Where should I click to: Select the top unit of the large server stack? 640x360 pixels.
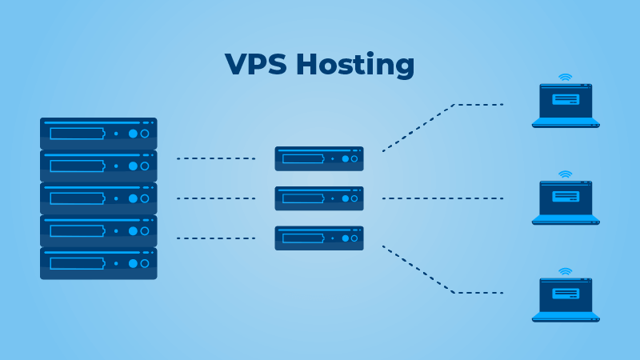coord(98,133)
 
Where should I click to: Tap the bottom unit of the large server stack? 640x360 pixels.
coord(98,262)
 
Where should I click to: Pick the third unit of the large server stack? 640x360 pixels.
coord(98,198)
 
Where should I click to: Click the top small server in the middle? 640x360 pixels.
coord(319,158)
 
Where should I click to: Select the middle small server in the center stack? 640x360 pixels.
coord(319,198)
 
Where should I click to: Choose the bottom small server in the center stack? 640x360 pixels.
coord(319,238)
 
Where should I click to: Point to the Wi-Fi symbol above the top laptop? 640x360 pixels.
coord(566,78)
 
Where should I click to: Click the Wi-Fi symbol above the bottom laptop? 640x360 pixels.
coord(566,272)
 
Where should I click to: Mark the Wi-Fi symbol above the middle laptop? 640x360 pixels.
coord(566,174)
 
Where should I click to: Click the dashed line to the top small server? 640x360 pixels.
coord(215,158)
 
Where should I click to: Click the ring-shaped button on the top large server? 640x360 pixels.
coord(145,134)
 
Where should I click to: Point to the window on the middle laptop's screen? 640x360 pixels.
coord(566,196)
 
